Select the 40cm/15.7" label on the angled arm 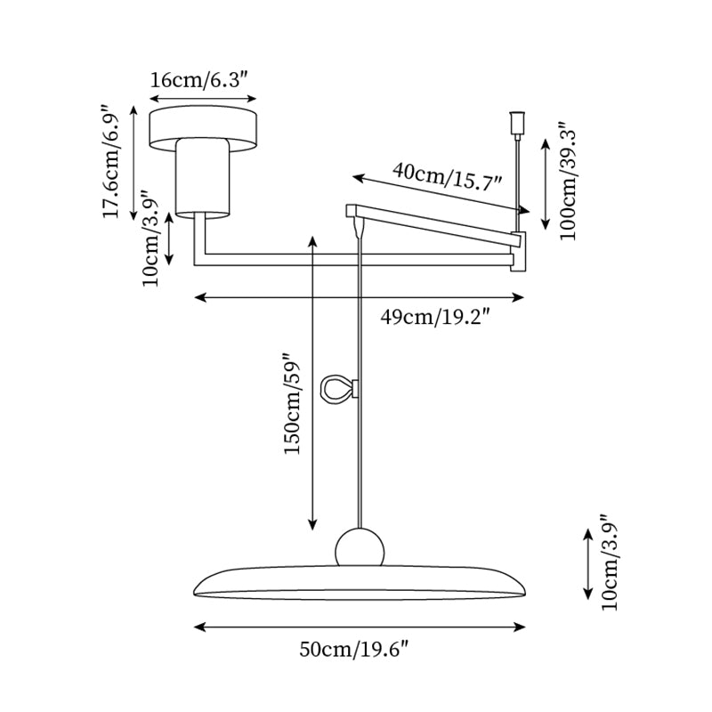(x=448, y=175)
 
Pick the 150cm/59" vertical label (x=294, y=405)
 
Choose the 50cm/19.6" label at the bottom (x=353, y=651)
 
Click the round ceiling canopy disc (x=203, y=125)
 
